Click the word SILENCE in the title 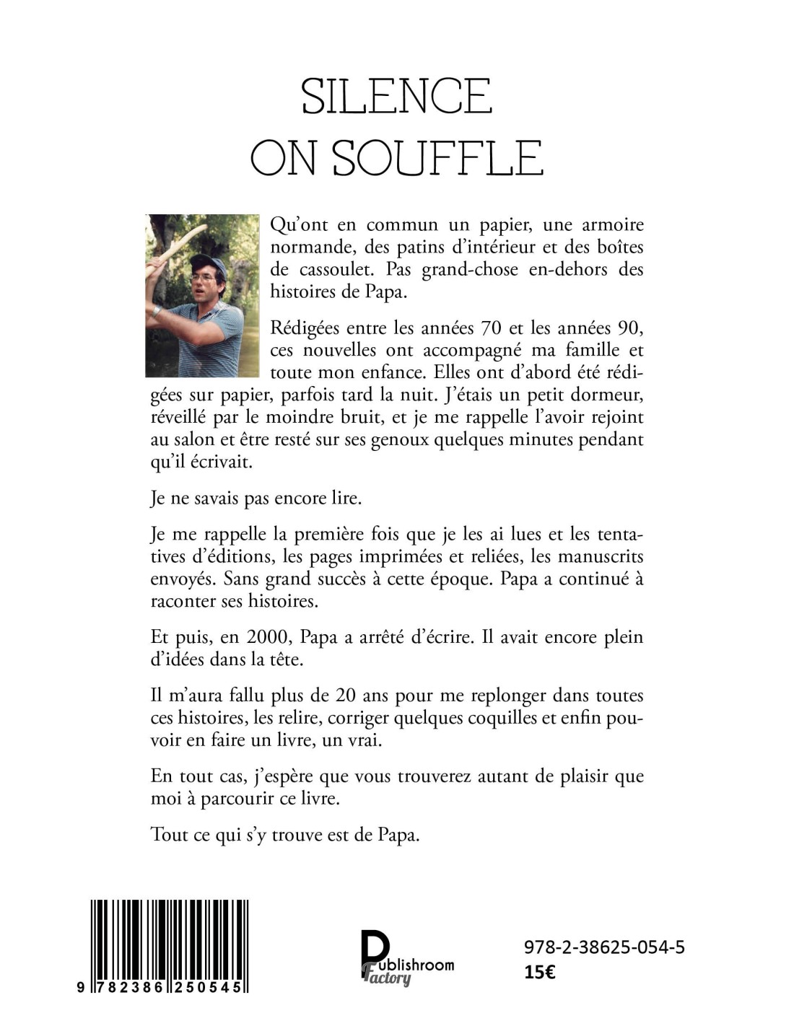tap(396, 97)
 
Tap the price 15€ tap(539, 972)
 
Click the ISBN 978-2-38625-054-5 tap(604, 947)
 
